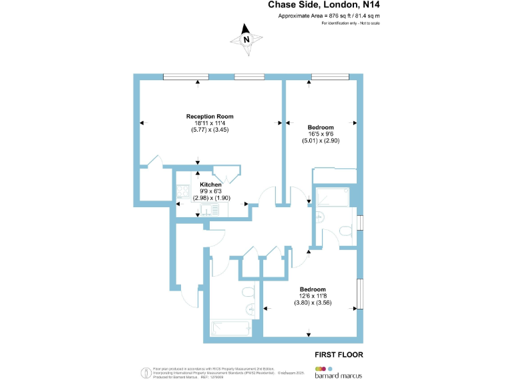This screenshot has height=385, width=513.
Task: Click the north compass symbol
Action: tap(246, 38)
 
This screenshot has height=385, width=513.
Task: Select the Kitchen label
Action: tap(211, 184)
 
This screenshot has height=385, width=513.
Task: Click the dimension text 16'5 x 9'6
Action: tap(321, 134)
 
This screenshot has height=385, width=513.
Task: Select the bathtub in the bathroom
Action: tap(231, 328)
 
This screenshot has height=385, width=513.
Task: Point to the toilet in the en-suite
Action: tap(319, 217)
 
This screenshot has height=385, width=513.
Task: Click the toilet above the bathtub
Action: tap(247, 291)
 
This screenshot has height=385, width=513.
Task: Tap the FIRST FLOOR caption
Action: tap(339, 354)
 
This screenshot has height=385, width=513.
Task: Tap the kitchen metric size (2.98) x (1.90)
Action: tap(211, 199)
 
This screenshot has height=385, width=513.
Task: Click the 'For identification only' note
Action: tap(346, 23)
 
